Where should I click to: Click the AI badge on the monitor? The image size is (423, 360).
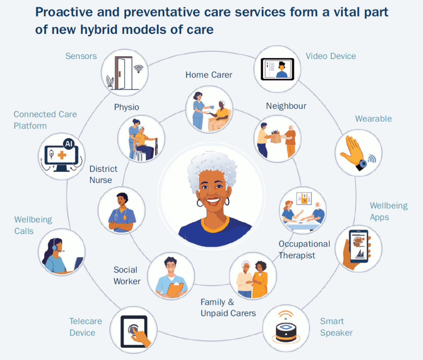point(69,143)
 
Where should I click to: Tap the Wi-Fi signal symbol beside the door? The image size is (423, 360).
point(139,69)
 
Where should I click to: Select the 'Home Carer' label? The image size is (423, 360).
point(209,75)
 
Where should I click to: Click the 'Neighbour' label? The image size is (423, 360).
point(286,106)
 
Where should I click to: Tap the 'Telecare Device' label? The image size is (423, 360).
point(86,327)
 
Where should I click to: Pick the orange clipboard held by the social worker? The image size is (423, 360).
point(175,290)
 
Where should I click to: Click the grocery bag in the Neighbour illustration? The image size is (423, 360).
point(276,137)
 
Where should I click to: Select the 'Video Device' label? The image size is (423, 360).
point(331,56)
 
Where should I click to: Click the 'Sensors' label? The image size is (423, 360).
point(81,56)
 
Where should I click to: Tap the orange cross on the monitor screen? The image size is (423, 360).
point(62,155)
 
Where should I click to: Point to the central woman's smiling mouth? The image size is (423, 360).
point(213,200)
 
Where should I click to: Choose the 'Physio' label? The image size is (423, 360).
point(126,107)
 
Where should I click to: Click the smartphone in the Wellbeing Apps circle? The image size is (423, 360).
point(359,246)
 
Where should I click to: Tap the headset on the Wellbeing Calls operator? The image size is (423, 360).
point(56,245)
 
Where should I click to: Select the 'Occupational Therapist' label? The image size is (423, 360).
point(304,249)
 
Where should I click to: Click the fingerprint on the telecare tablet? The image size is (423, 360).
point(133,329)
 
